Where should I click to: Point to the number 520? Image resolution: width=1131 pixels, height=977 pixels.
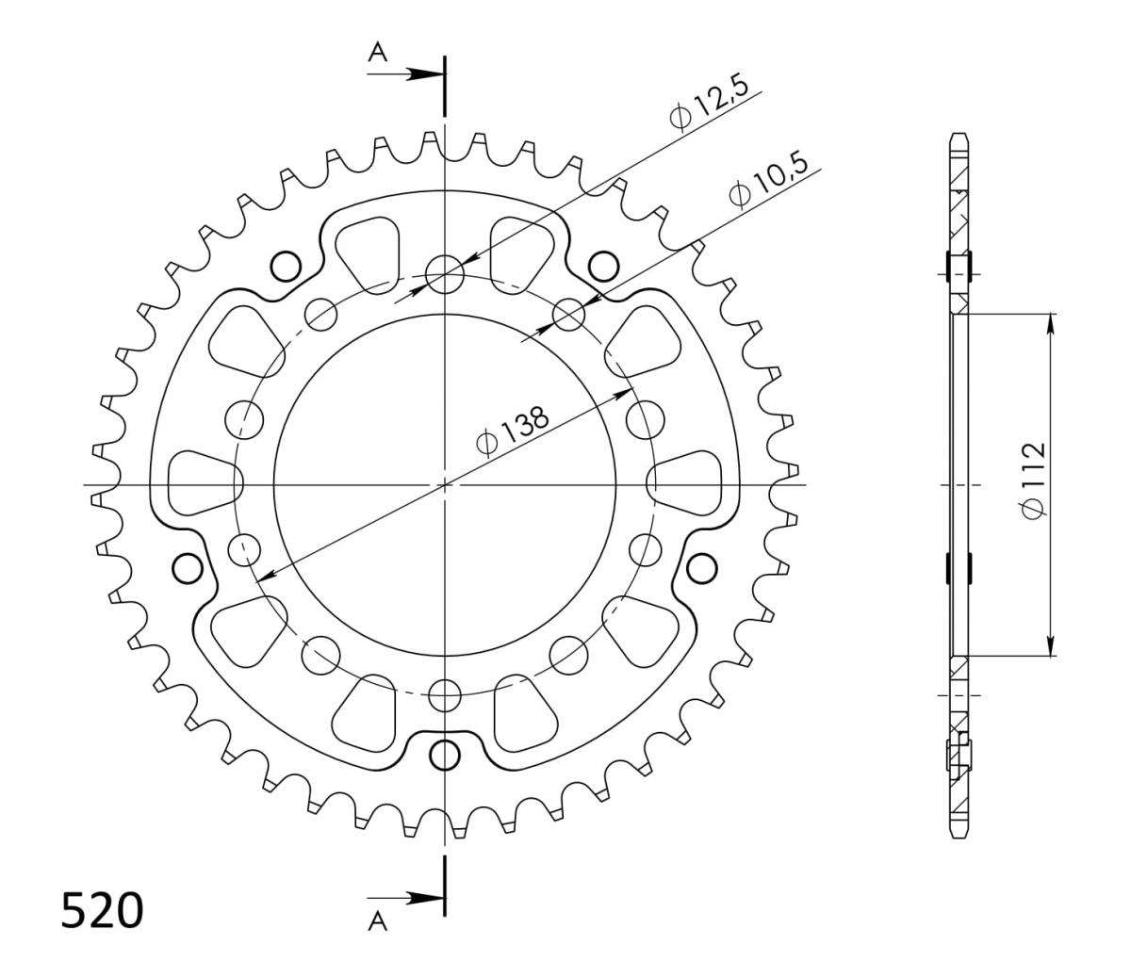pos(103,911)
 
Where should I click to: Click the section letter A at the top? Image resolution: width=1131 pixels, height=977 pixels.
pos(378,53)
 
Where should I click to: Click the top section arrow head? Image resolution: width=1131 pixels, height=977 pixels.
pos(426,74)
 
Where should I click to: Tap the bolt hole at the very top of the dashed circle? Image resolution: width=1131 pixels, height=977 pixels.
pos(444,273)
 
